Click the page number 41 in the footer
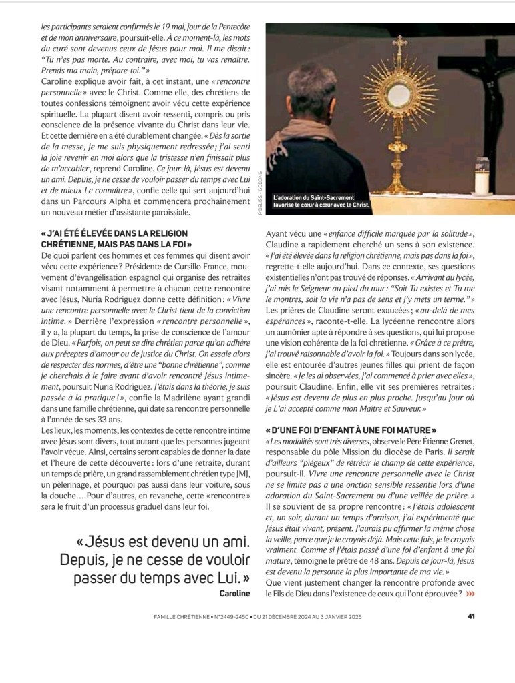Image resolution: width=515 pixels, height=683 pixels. click(470, 616)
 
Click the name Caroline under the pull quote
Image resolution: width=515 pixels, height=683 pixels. click(234, 592)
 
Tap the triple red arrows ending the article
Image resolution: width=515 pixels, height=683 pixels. click(471, 593)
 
